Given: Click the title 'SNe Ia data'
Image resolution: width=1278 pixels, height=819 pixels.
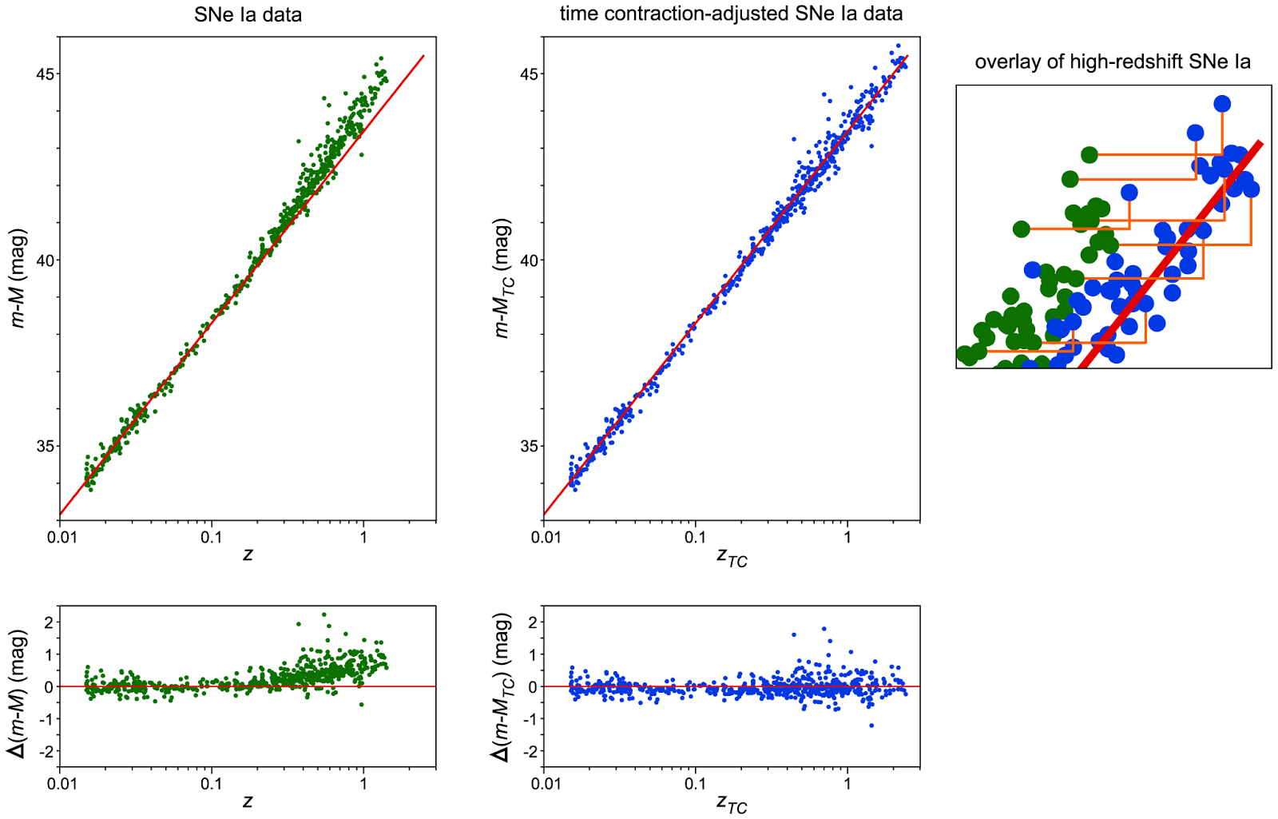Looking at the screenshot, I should click(x=248, y=14).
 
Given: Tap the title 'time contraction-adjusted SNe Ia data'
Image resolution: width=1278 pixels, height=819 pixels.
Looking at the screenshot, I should click(x=731, y=14).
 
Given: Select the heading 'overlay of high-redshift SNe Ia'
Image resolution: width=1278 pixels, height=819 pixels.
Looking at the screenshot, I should click(x=1113, y=62).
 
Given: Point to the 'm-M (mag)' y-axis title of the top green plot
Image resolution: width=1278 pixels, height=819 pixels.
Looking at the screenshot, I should click(x=18, y=278).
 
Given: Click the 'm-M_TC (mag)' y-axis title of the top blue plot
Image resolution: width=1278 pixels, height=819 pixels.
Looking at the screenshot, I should click(x=502, y=278).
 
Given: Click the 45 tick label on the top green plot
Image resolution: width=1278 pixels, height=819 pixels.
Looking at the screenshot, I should click(x=46, y=74).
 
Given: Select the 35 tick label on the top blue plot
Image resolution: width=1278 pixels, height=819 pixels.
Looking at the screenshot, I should click(x=530, y=446).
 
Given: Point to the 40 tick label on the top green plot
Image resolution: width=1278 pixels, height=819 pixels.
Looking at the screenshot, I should click(x=46, y=260).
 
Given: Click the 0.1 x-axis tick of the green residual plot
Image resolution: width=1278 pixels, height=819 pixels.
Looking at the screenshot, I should click(x=211, y=784).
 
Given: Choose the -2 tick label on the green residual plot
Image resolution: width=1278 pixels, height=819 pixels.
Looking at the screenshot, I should click(x=48, y=751).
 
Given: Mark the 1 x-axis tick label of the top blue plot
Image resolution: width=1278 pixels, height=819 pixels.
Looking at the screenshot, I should click(x=847, y=537).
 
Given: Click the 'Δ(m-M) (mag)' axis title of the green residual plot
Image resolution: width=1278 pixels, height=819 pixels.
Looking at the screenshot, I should click(x=18, y=694).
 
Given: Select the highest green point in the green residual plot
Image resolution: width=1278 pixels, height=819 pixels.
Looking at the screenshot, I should click(x=323, y=614).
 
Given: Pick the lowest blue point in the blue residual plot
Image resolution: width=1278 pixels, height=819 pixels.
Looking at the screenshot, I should click(x=871, y=726).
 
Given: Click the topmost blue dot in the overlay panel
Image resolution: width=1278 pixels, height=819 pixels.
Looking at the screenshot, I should click(x=1221, y=104).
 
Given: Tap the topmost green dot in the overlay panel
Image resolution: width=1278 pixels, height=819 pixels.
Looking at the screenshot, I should click(x=1089, y=155).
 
